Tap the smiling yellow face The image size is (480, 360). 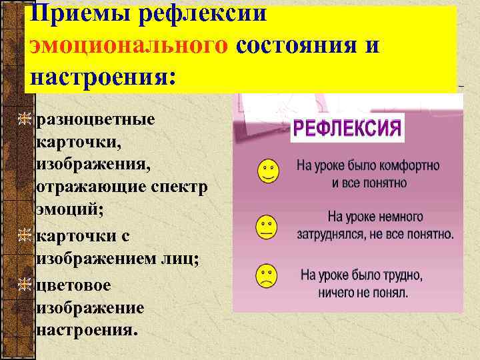[x=267, y=172]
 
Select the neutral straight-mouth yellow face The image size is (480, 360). [x=267, y=227]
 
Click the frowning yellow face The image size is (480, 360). [x=267, y=275]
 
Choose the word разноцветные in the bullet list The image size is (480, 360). [x=97, y=119]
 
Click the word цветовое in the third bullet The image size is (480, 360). [x=75, y=285]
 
